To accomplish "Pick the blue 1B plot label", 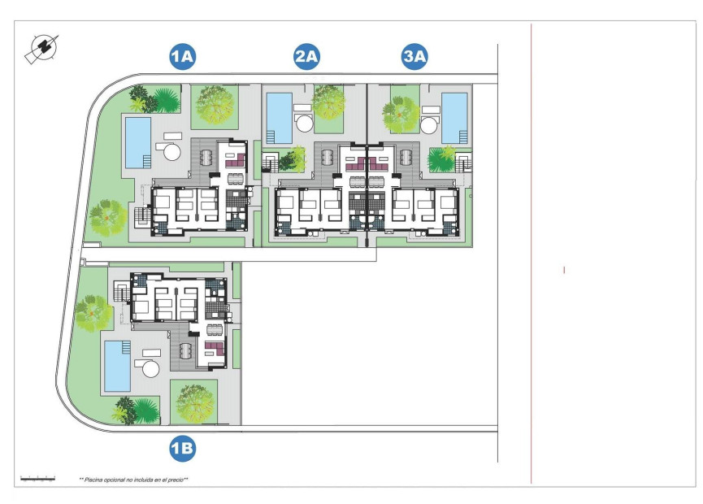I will [x=182, y=446].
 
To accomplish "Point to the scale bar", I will [x=37, y=479].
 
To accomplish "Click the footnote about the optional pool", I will [x=134, y=480].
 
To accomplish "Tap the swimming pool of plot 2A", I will [x=279, y=117].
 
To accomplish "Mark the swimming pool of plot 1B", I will [x=118, y=366].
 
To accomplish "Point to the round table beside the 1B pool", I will [x=152, y=369].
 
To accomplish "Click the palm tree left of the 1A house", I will [x=107, y=217].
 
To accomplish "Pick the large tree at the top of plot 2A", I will [x=328, y=102].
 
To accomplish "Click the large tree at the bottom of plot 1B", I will [x=195, y=402].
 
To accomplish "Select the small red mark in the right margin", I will [x=564, y=269].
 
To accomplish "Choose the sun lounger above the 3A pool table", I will [x=431, y=110].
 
